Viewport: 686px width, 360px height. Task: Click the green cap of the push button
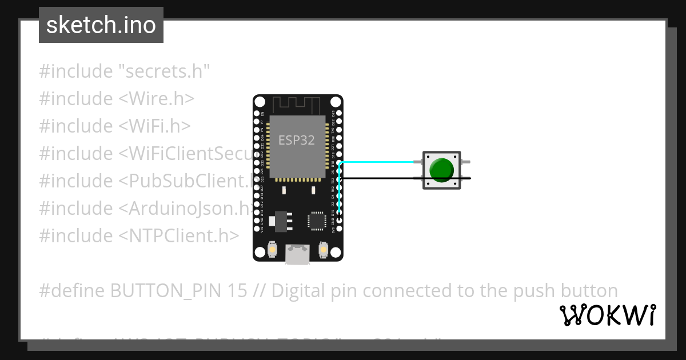pyautogui.click(x=441, y=170)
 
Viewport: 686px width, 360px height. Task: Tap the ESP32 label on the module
pyautogui.click(x=296, y=140)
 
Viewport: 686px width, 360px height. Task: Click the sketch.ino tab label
pyautogui.click(x=101, y=25)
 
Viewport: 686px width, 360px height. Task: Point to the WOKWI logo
pyautogui.click(x=607, y=315)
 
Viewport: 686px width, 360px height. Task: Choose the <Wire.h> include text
pyautogui.click(x=157, y=99)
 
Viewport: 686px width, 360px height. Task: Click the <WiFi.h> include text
pyautogui.click(x=154, y=126)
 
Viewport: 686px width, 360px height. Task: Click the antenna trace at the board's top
pyautogui.click(x=297, y=105)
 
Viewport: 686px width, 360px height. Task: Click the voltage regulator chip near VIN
pyautogui.click(x=281, y=221)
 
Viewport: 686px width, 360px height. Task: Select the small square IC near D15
pyautogui.click(x=317, y=221)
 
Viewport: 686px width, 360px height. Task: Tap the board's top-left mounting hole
pyautogui.click(x=260, y=102)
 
